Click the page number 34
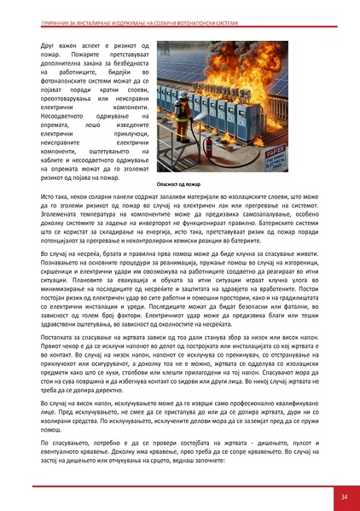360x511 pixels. point(344,495)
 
